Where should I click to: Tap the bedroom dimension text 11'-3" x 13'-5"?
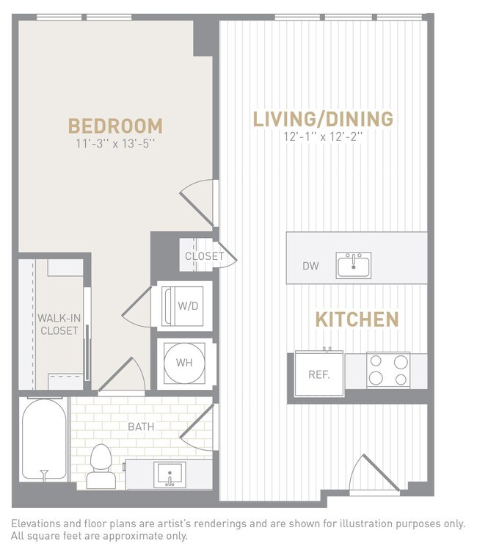coord(115,144)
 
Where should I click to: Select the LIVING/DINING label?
coord(323,119)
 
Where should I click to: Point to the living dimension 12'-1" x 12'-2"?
coord(323,137)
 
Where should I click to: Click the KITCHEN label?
coord(357,319)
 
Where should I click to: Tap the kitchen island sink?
coord(354,264)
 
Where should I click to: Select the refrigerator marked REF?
coord(318,374)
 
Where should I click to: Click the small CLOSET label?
coord(204,256)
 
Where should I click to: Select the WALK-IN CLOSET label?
coord(59,324)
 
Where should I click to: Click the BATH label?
coord(141,426)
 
